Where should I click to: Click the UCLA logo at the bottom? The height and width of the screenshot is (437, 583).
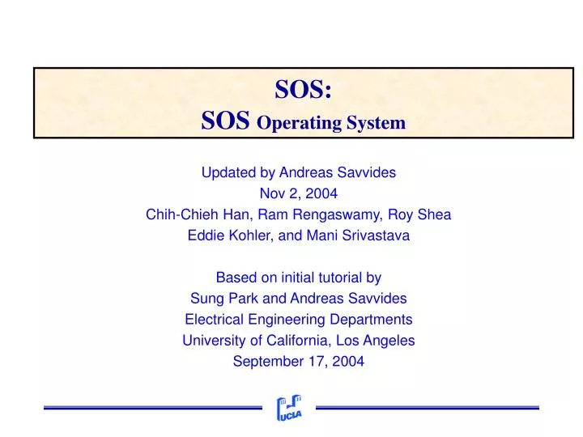point(289,409)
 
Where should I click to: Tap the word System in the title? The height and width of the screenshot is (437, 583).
point(376,124)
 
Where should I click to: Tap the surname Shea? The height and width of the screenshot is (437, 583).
point(435,214)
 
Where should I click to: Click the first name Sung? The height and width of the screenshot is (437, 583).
point(205,299)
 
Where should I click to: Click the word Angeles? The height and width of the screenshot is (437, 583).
point(389,341)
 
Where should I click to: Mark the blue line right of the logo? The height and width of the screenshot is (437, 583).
point(427,407)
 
